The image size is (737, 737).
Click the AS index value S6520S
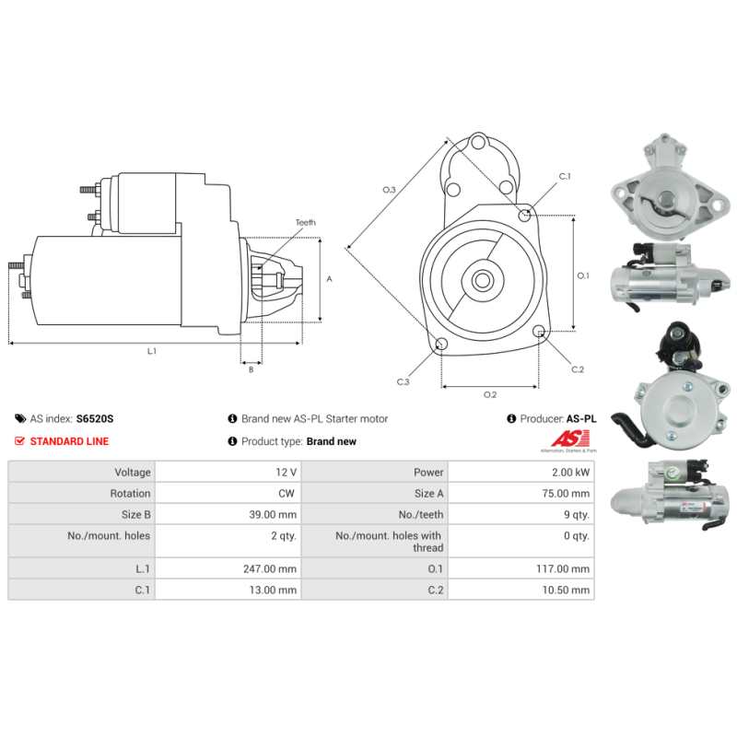point(95,418)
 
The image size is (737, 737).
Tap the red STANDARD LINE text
point(69,441)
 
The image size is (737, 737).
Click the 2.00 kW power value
point(570,472)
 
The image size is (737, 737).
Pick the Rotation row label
point(130,493)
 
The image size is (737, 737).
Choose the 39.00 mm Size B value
point(273,514)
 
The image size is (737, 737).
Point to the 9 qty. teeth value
point(577,515)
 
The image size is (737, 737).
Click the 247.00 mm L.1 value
point(270,568)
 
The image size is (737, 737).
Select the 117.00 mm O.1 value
point(563,568)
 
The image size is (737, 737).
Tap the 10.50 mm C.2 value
point(566,590)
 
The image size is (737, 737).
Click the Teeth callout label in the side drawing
point(306,222)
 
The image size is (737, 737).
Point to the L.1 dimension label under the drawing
point(152,351)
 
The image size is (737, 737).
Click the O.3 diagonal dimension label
point(389,190)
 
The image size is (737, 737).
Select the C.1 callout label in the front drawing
point(565,176)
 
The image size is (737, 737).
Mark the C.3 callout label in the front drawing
point(403,381)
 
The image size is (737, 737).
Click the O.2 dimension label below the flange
point(490,394)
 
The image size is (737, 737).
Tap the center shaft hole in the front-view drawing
point(482,281)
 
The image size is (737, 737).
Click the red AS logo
point(570,439)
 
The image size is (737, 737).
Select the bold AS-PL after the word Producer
point(581,418)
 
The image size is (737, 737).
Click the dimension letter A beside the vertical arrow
point(329,279)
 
